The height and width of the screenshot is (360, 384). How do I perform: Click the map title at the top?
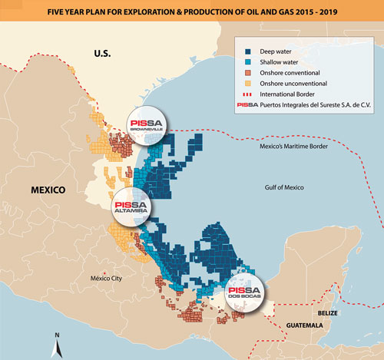[191, 10]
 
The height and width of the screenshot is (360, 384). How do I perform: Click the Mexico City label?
[106, 278]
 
